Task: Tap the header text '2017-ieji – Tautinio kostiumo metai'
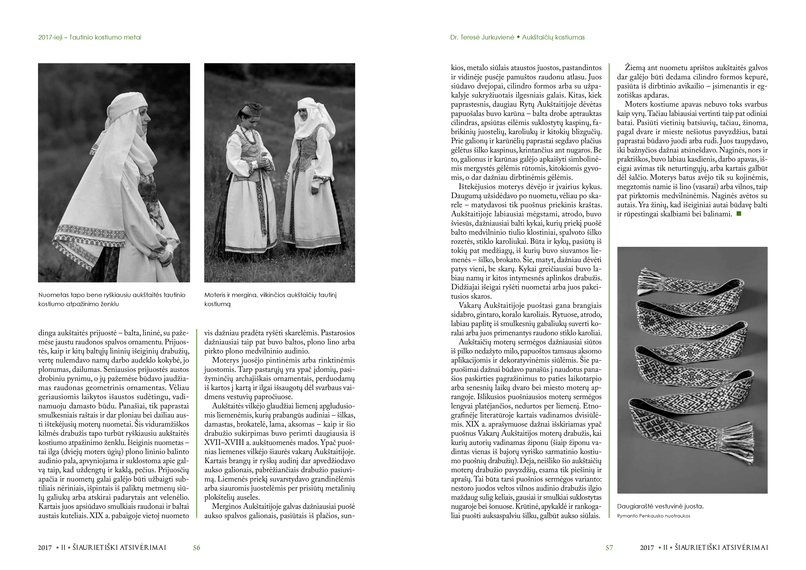click(90, 37)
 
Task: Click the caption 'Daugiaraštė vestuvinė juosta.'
click(660, 506)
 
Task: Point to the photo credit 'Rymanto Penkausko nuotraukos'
click(653, 516)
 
